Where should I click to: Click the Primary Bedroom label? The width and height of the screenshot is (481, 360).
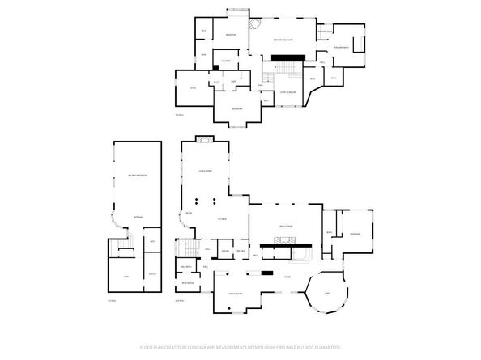point(282,40)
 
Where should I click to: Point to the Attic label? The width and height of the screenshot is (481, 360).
point(194,87)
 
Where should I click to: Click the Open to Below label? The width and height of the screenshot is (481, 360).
point(287,93)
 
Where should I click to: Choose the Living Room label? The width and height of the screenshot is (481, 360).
point(206,171)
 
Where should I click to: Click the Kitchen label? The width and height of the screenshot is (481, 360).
point(221,219)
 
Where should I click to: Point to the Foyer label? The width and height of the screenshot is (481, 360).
point(287,277)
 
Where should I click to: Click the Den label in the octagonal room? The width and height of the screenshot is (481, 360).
point(327,292)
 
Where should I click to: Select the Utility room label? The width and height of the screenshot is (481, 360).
point(151,275)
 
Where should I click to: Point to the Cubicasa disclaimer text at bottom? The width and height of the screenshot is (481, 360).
point(240,346)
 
